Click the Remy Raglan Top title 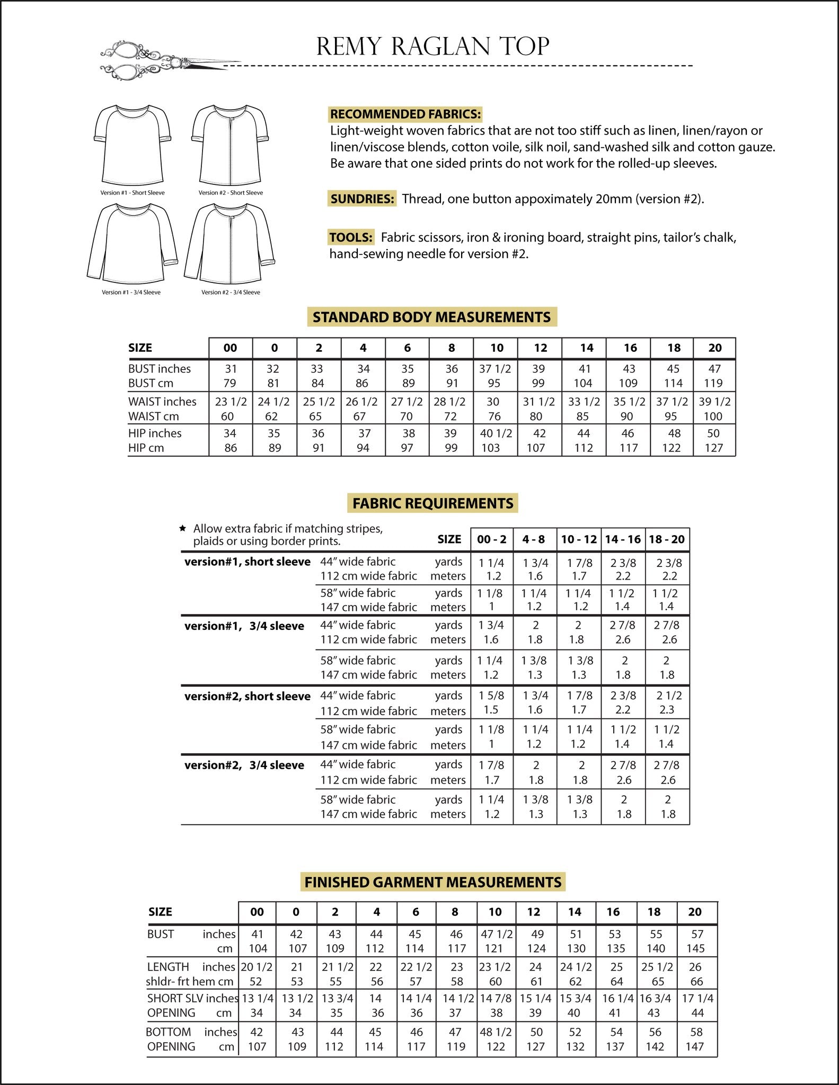(432, 47)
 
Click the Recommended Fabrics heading (405, 114)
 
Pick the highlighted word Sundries (362, 199)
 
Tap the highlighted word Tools (350, 237)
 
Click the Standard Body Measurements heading (431, 317)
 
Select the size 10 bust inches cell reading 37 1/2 (495, 369)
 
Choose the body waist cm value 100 (713, 416)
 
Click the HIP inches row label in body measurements (155, 433)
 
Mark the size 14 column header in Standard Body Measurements (586, 348)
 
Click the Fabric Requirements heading (432, 503)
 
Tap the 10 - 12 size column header (579, 539)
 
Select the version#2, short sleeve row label (247, 696)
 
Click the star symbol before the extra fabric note (183, 528)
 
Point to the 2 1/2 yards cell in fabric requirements (669, 696)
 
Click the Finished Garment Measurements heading (432, 882)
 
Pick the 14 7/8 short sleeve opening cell (496, 998)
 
